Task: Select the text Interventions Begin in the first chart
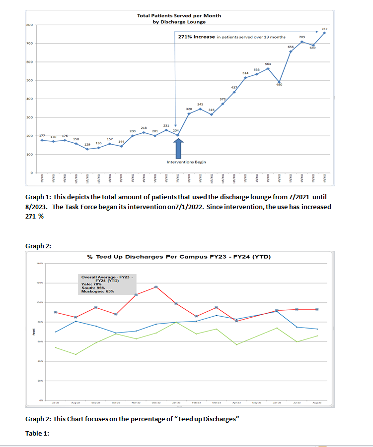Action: coord(186,162)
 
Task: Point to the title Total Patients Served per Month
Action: coord(179,16)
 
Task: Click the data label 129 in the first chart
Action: coord(87,144)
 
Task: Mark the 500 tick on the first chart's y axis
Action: coord(29,80)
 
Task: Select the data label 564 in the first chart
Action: coord(268,64)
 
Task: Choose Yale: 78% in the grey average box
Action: coord(91,284)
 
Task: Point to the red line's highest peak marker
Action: coord(156,287)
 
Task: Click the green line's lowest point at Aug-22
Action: coord(76,354)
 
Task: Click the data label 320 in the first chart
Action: coord(189,109)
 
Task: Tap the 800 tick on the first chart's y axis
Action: coord(29,25)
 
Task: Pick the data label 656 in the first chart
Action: coord(291,47)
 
